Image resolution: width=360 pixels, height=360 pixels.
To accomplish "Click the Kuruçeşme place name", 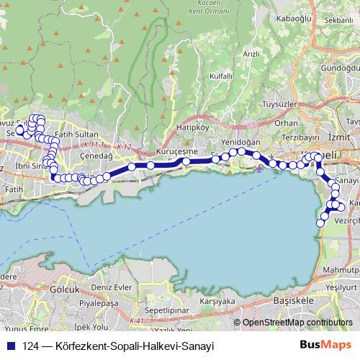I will [176, 152].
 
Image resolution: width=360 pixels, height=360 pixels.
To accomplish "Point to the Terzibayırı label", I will [300, 137].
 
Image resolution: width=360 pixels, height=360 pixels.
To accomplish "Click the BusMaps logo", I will [326, 346].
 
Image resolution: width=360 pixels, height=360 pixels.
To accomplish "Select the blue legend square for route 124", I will [12, 346].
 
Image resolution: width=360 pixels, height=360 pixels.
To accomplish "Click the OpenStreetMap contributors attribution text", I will [297, 323].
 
